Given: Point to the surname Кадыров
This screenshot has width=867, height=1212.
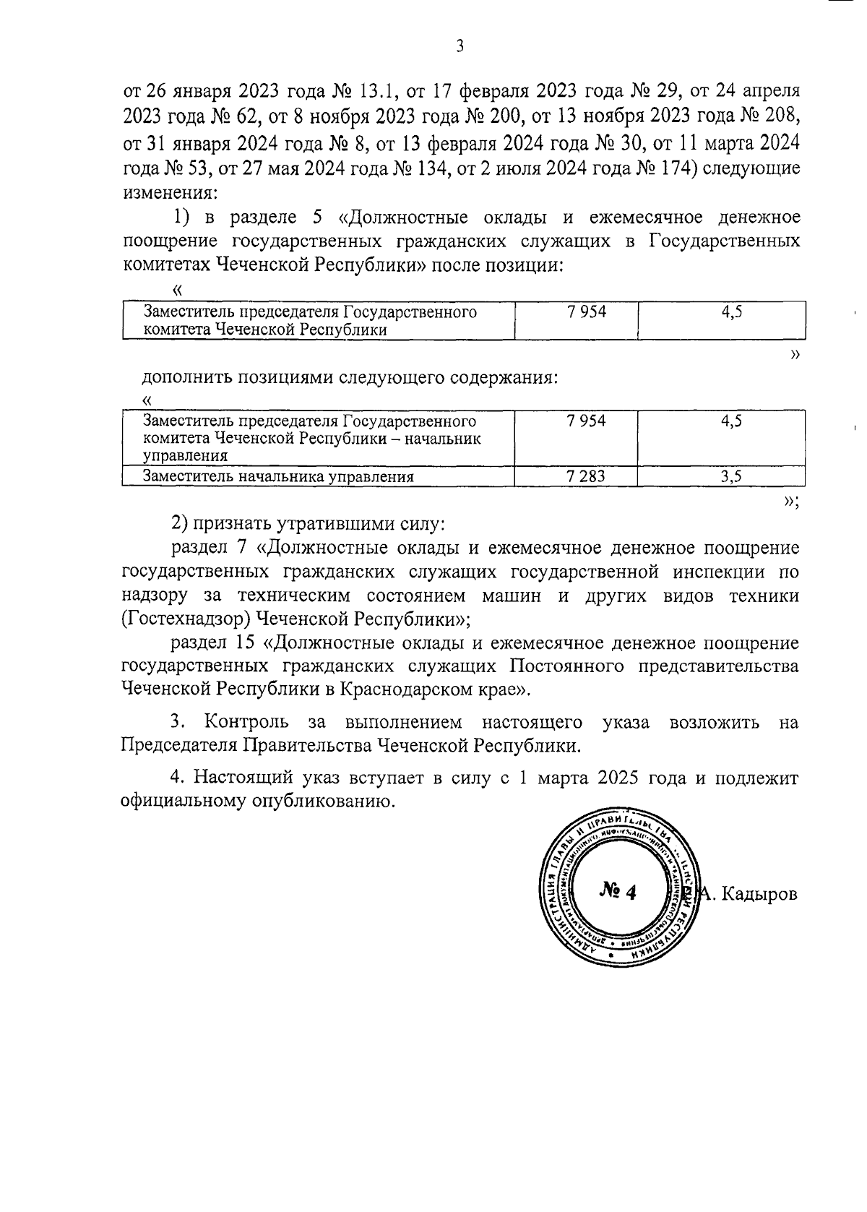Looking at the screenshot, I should click(x=759, y=894).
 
